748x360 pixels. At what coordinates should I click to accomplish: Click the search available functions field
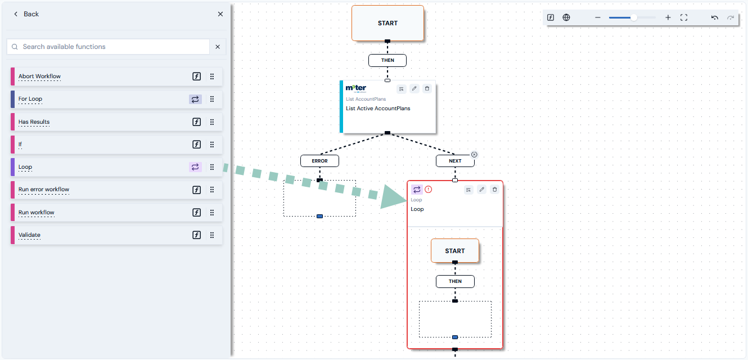pyautogui.click(x=108, y=47)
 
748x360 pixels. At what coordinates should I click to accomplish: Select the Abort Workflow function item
pyautogui.click(x=116, y=76)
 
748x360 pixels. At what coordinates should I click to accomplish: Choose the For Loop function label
pyautogui.click(x=30, y=99)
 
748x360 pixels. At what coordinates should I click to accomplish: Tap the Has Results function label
pyautogui.click(x=34, y=122)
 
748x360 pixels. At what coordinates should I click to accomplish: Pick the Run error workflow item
pyautogui.click(x=116, y=190)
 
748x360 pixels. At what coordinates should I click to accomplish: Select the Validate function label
pyautogui.click(x=29, y=235)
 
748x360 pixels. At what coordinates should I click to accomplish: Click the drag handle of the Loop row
pyautogui.click(x=212, y=167)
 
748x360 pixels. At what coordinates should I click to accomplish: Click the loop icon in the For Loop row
pyautogui.click(x=195, y=99)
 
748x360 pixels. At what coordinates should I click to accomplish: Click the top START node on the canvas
pyautogui.click(x=387, y=23)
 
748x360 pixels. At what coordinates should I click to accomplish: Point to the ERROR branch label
pyautogui.click(x=319, y=161)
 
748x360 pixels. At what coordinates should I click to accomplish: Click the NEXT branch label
pyautogui.click(x=455, y=161)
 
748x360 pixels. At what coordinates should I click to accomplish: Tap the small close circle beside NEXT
pyautogui.click(x=474, y=155)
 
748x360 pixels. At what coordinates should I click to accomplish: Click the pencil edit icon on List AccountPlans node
pyautogui.click(x=414, y=88)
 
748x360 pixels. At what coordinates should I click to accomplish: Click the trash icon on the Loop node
pyautogui.click(x=494, y=190)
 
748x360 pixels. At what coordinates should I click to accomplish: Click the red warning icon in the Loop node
pyautogui.click(x=428, y=190)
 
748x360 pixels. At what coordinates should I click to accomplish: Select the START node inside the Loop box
pyautogui.click(x=455, y=251)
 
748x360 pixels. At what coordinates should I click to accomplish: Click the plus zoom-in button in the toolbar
pyautogui.click(x=668, y=17)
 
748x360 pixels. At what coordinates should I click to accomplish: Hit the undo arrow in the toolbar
pyautogui.click(x=715, y=17)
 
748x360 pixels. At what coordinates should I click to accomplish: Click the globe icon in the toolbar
pyautogui.click(x=566, y=17)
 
